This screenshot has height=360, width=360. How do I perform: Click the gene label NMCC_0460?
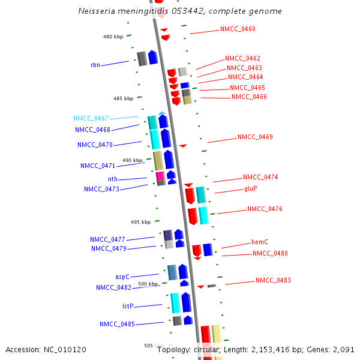(238, 29)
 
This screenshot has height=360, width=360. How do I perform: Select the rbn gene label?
(95, 65)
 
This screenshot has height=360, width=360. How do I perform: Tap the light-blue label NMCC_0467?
(91, 119)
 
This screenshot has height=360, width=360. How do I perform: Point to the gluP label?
(251, 188)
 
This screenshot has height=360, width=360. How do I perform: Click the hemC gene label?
(259, 242)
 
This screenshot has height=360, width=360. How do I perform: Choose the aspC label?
(122, 277)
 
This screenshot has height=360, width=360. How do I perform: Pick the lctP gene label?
(128, 306)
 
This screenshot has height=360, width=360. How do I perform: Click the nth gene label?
(113, 179)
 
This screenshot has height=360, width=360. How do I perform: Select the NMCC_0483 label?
(273, 280)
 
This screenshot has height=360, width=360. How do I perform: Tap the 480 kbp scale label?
(113, 37)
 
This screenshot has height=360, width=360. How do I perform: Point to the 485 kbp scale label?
(123, 98)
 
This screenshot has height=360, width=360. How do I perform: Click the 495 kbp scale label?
(140, 222)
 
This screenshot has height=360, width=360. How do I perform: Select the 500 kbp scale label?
(148, 284)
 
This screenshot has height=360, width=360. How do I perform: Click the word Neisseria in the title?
(97, 11)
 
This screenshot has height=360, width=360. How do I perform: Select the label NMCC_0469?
(255, 137)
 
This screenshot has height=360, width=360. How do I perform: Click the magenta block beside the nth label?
(160, 175)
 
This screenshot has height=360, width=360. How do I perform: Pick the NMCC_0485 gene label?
(117, 324)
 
